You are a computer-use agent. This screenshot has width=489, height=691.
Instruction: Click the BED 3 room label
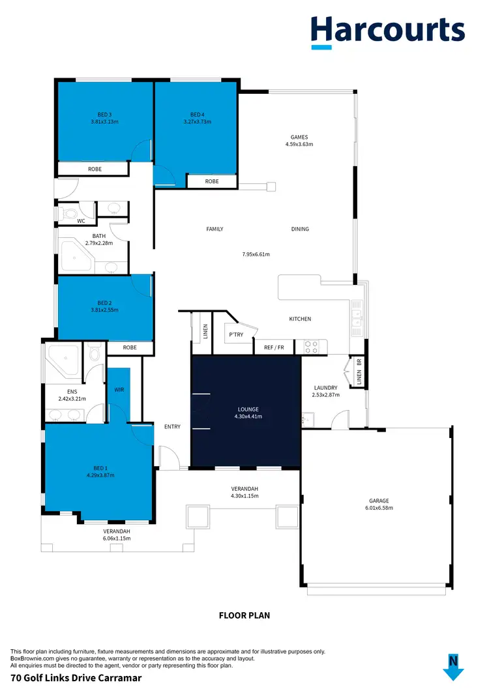pyautogui.click(x=104, y=115)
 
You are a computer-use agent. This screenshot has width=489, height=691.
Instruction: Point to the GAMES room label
pyautogui.click(x=299, y=138)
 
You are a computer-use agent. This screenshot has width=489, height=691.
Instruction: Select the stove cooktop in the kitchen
pyautogui.click(x=310, y=347)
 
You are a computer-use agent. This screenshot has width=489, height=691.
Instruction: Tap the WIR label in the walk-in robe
pyautogui.click(x=119, y=390)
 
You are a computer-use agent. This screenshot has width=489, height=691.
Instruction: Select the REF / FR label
pyautogui.click(x=274, y=347)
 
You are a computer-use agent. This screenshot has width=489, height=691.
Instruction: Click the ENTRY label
pyautogui.click(x=172, y=427)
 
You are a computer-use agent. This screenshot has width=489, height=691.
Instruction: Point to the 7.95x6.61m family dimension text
pyautogui.click(x=256, y=254)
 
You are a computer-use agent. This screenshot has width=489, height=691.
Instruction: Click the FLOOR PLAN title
pyautogui.click(x=244, y=615)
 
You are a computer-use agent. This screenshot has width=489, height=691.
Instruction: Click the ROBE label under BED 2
pyautogui.click(x=130, y=347)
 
